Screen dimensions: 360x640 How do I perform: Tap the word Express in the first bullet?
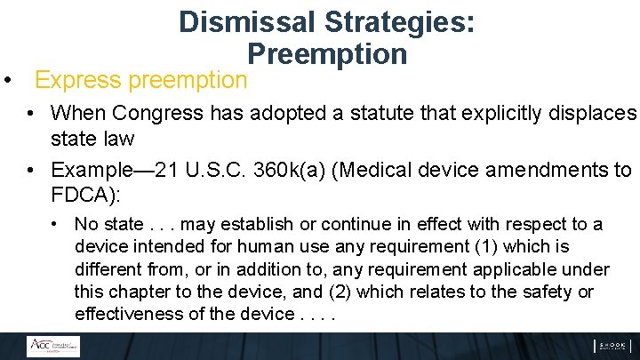click(x=78, y=80)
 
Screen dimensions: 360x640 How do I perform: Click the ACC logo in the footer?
click(x=52, y=347)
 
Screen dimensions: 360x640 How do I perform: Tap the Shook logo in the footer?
click(x=612, y=347)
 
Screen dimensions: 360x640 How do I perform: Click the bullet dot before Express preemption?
click(x=7, y=80)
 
